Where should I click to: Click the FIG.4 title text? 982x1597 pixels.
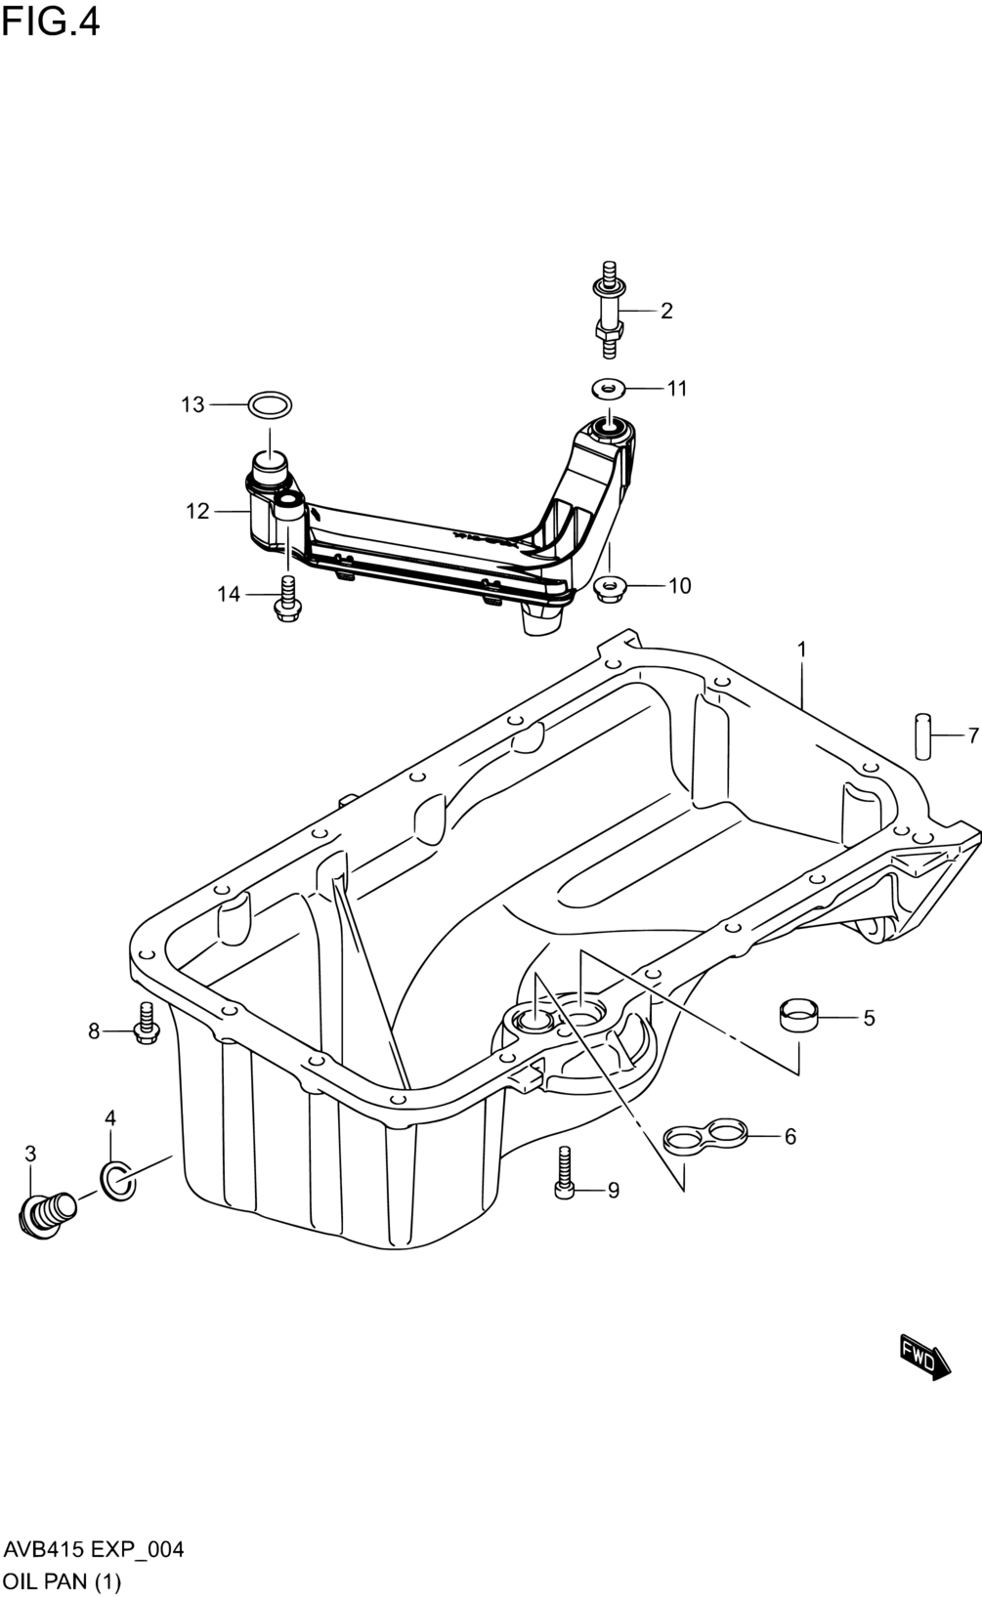point(51,22)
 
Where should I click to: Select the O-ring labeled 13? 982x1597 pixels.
point(270,405)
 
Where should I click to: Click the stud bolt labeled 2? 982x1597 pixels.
point(609,311)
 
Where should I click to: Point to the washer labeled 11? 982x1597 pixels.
point(609,389)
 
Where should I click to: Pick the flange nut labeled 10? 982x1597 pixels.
point(610,587)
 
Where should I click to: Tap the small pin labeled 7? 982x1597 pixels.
point(924,736)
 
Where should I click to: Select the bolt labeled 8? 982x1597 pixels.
point(147,1024)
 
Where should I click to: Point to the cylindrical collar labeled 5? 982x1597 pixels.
point(798,1015)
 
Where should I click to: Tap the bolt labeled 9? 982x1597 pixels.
point(564,1172)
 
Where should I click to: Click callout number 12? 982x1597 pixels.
point(197,511)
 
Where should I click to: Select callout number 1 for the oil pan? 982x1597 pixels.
point(801,650)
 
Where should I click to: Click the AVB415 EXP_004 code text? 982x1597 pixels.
point(94,1549)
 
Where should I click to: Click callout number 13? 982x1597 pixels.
point(192,405)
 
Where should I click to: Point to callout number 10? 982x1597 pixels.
point(680,586)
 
